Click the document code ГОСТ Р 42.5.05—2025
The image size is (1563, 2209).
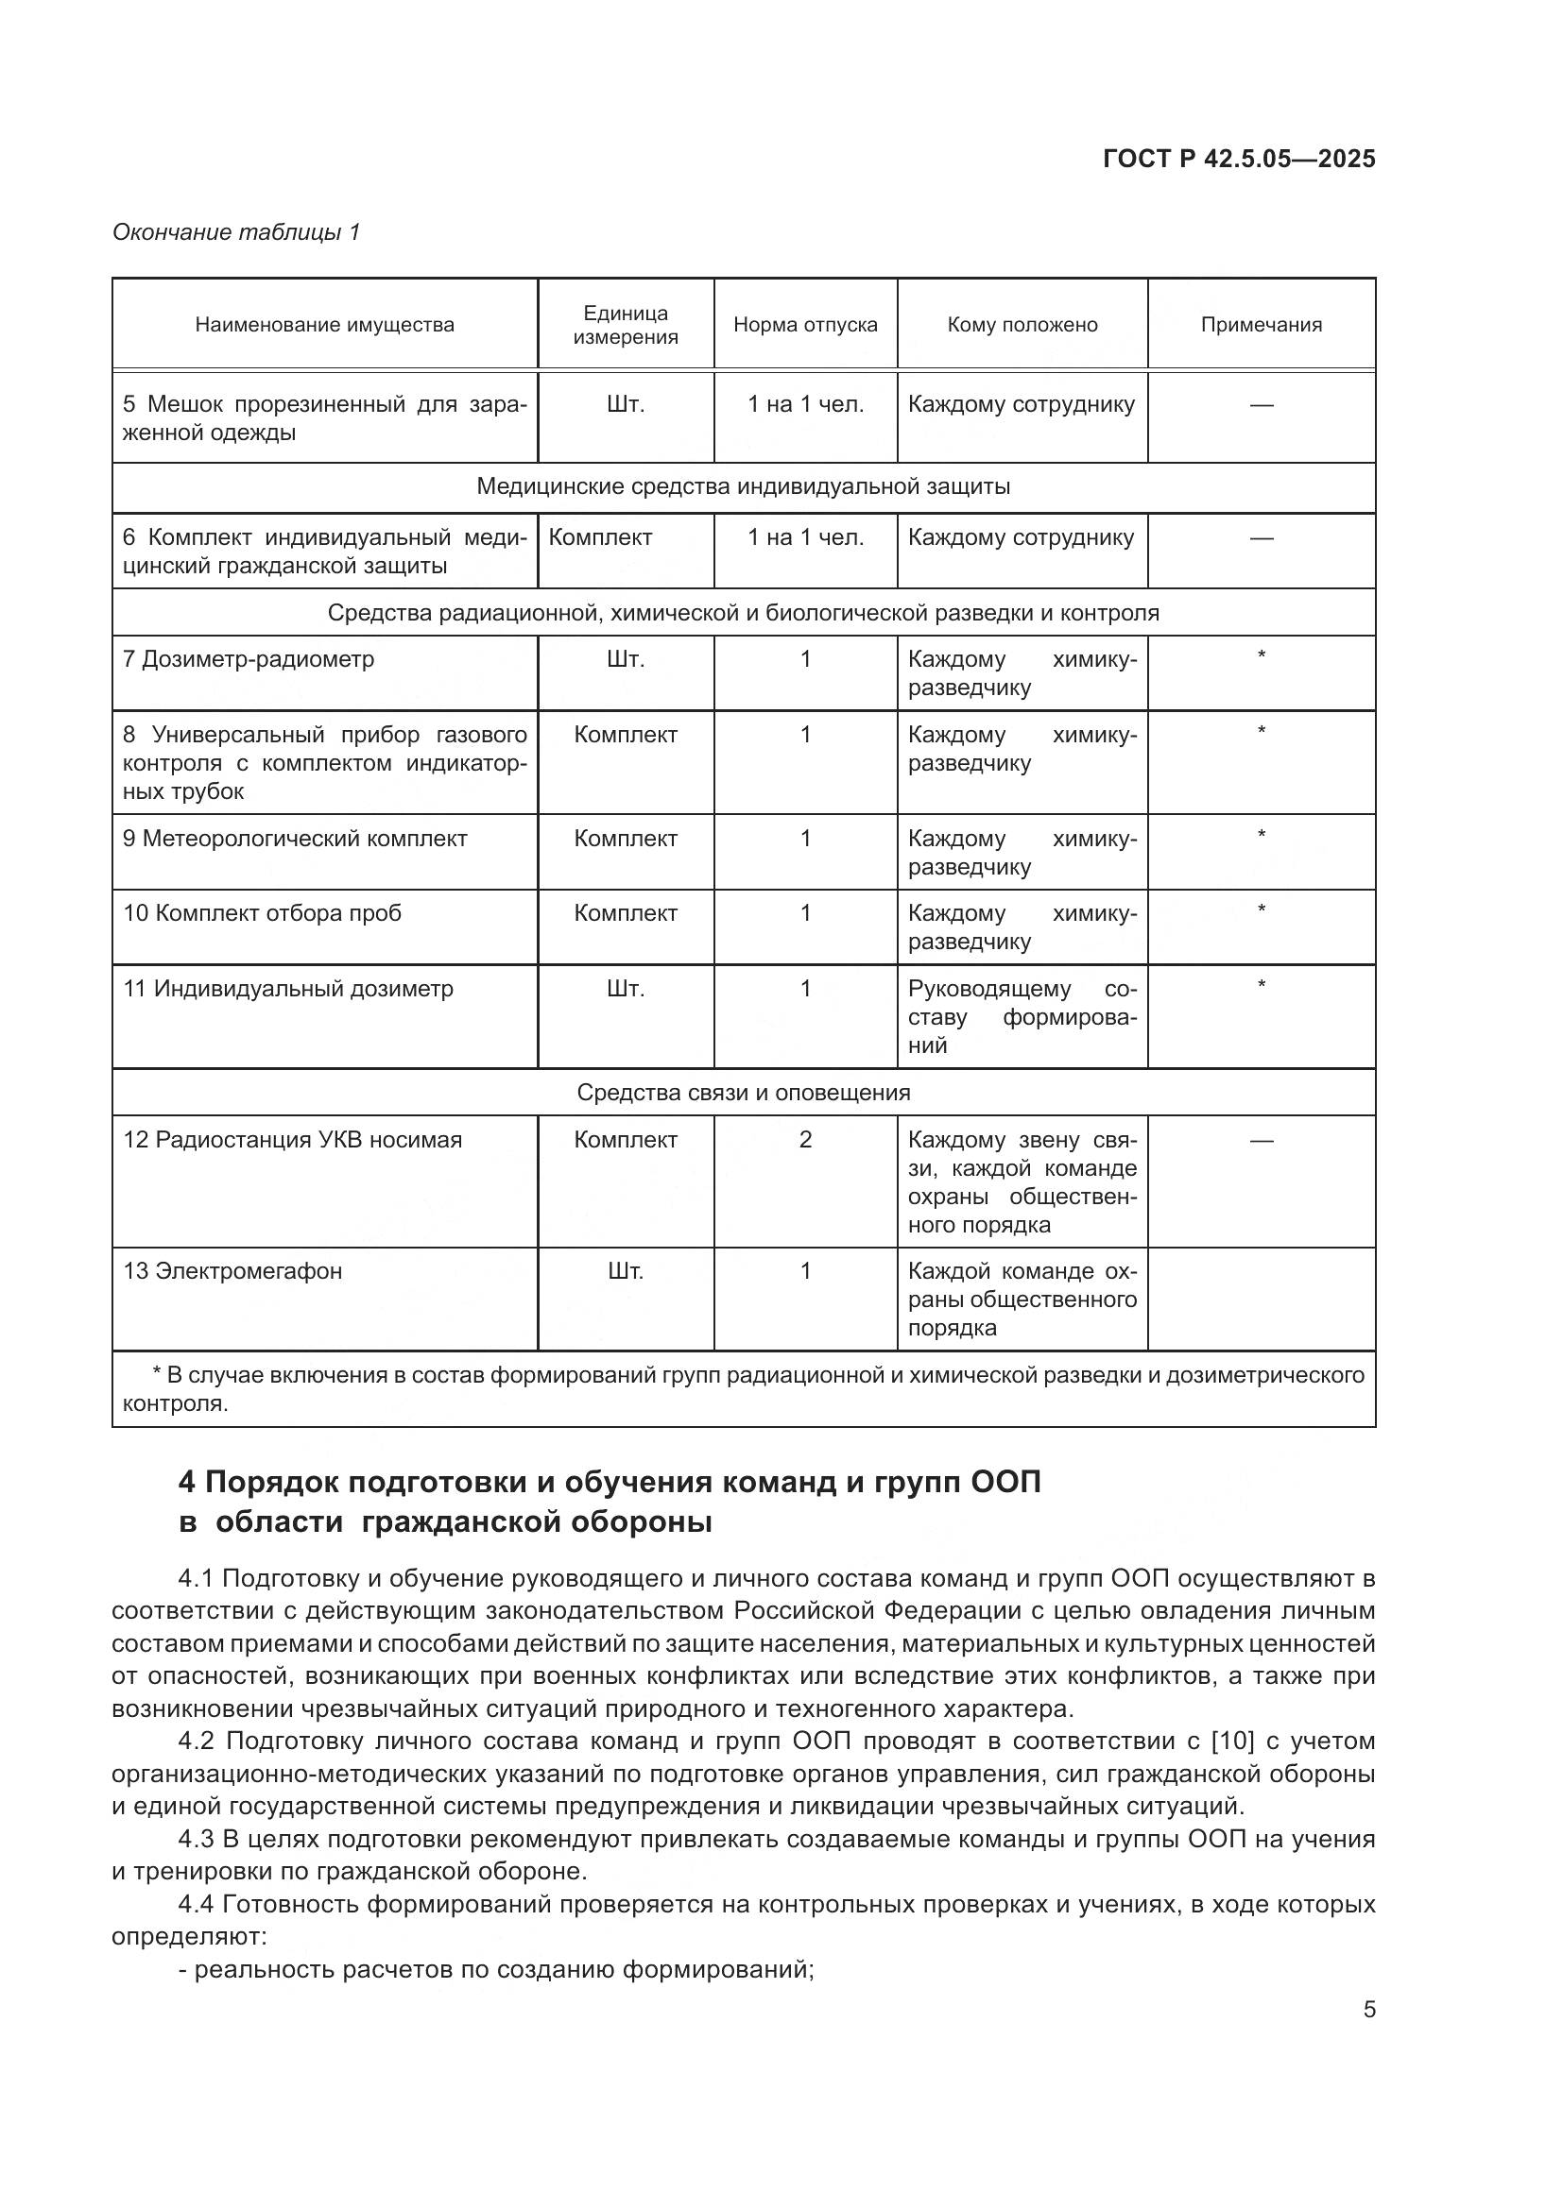(x=1239, y=159)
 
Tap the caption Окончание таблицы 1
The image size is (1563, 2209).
(x=236, y=232)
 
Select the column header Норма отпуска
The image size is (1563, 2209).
(x=804, y=324)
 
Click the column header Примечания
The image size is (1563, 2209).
(x=1261, y=324)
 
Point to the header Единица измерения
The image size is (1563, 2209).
(x=626, y=324)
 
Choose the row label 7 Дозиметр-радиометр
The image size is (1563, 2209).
(x=249, y=659)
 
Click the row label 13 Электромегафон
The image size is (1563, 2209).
(x=232, y=1271)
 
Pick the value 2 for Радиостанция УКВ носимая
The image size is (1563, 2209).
(x=804, y=1139)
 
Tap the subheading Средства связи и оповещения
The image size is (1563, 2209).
(x=743, y=1092)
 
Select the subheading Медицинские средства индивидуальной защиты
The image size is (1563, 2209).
(x=743, y=485)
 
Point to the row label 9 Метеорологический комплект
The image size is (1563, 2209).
(x=295, y=838)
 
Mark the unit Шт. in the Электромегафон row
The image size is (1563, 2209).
(x=626, y=1271)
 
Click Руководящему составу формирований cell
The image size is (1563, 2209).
(x=1022, y=1016)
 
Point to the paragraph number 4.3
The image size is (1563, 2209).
(x=197, y=1839)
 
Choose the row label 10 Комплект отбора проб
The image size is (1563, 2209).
(x=262, y=912)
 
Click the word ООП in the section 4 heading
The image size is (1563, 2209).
(x=1005, y=1482)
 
